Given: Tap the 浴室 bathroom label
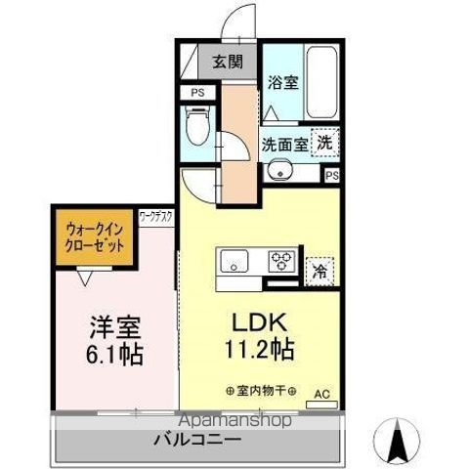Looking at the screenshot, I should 284,83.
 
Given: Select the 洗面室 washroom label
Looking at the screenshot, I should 283,143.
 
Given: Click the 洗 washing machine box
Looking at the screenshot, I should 325,141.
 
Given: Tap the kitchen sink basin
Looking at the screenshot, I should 234,261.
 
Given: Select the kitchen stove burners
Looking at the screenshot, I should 282,261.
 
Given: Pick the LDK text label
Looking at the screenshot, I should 258,321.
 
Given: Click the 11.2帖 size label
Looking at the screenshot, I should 258,348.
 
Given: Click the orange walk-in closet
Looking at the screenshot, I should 95,239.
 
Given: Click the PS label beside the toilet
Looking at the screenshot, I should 197,94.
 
